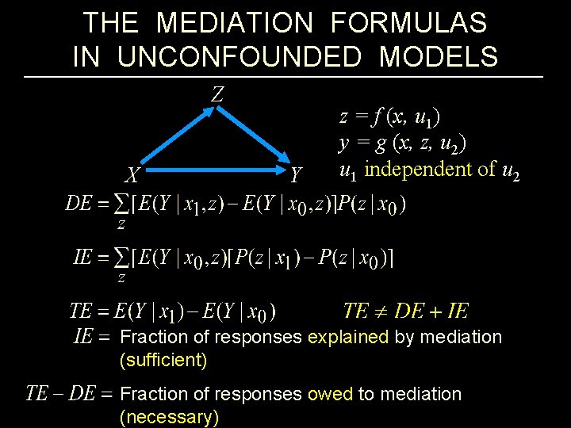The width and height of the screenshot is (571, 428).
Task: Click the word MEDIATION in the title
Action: pyautogui.click(x=234, y=23)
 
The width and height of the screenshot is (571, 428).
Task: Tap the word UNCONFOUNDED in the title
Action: pyautogui.click(x=249, y=57)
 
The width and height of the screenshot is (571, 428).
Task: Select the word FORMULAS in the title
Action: pyautogui.click(x=408, y=23)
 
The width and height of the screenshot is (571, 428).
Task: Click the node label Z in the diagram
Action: pyautogui.click(x=217, y=94)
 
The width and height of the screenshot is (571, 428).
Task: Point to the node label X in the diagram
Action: pyautogui.click(x=133, y=174)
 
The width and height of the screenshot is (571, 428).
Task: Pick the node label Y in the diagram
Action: pyautogui.click(x=296, y=174)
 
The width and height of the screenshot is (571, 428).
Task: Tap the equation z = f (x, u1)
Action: pyautogui.click(x=390, y=117)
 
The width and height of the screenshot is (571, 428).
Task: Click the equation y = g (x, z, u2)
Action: pyautogui.click(x=402, y=143)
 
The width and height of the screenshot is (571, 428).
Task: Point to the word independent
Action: pyautogui.click(x=425, y=170)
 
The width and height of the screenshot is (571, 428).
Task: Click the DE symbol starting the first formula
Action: pyautogui.click(x=78, y=204)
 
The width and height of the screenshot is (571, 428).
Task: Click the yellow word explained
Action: pyautogui.click(x=347, y=337)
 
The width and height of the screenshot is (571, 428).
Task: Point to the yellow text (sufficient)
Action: pyautogui.click(x=163, y=361)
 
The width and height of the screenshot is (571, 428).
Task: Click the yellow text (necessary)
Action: pyautogui.click(x=168, y=417)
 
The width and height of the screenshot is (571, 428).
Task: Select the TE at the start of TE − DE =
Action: pyautogui.click(x=37, y=394)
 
